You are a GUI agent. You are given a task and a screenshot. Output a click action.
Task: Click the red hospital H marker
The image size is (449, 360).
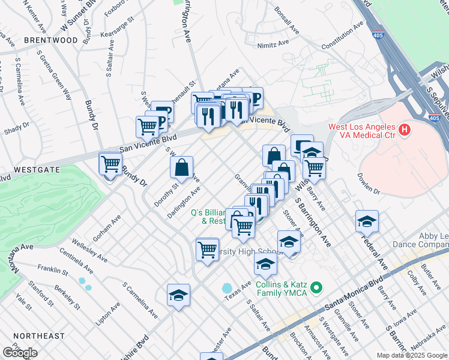click(405, 129)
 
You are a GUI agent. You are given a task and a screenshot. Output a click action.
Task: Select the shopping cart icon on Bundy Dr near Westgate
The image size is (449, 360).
click(110, 164)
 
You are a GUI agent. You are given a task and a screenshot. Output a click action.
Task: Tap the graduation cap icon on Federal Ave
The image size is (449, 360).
click(367, 221)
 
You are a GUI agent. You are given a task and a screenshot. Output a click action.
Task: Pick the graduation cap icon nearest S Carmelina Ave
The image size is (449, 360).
click(178, 296)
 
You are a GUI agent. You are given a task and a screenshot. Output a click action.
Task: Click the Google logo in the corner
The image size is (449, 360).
click(20, 353)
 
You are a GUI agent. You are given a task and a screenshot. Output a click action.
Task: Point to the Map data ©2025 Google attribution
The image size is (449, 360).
click(411, 355)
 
